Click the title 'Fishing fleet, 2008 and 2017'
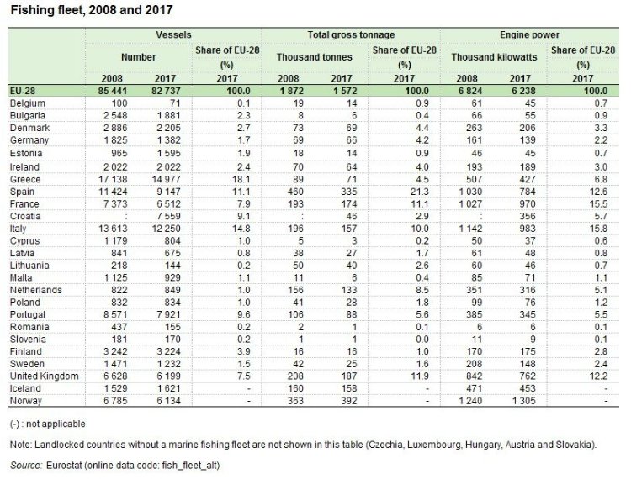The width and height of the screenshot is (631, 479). (92, 10)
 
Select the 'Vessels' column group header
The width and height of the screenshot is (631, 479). (173, 34)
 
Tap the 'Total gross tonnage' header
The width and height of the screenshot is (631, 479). (351, 34)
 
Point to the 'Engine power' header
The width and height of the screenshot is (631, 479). (529, 34)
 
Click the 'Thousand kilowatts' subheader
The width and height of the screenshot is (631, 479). (494, 57)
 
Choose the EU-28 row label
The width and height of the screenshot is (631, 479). (23, 91)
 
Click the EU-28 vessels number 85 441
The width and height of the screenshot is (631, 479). (112, 91)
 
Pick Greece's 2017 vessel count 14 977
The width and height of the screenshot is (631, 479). (167, 179)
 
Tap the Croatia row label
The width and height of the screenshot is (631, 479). (25, 216)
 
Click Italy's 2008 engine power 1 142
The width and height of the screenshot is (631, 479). (470, 229)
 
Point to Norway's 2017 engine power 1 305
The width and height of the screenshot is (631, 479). (523, 401)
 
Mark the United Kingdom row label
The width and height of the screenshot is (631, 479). (45, 376)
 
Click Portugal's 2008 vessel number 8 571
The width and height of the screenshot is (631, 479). (115, 314)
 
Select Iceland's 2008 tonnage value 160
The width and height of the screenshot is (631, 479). (295, 388)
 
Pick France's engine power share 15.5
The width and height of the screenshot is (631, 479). (598, 203)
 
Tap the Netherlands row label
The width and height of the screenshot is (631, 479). (36, 290)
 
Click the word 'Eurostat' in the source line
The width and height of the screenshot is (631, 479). (64, 466)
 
